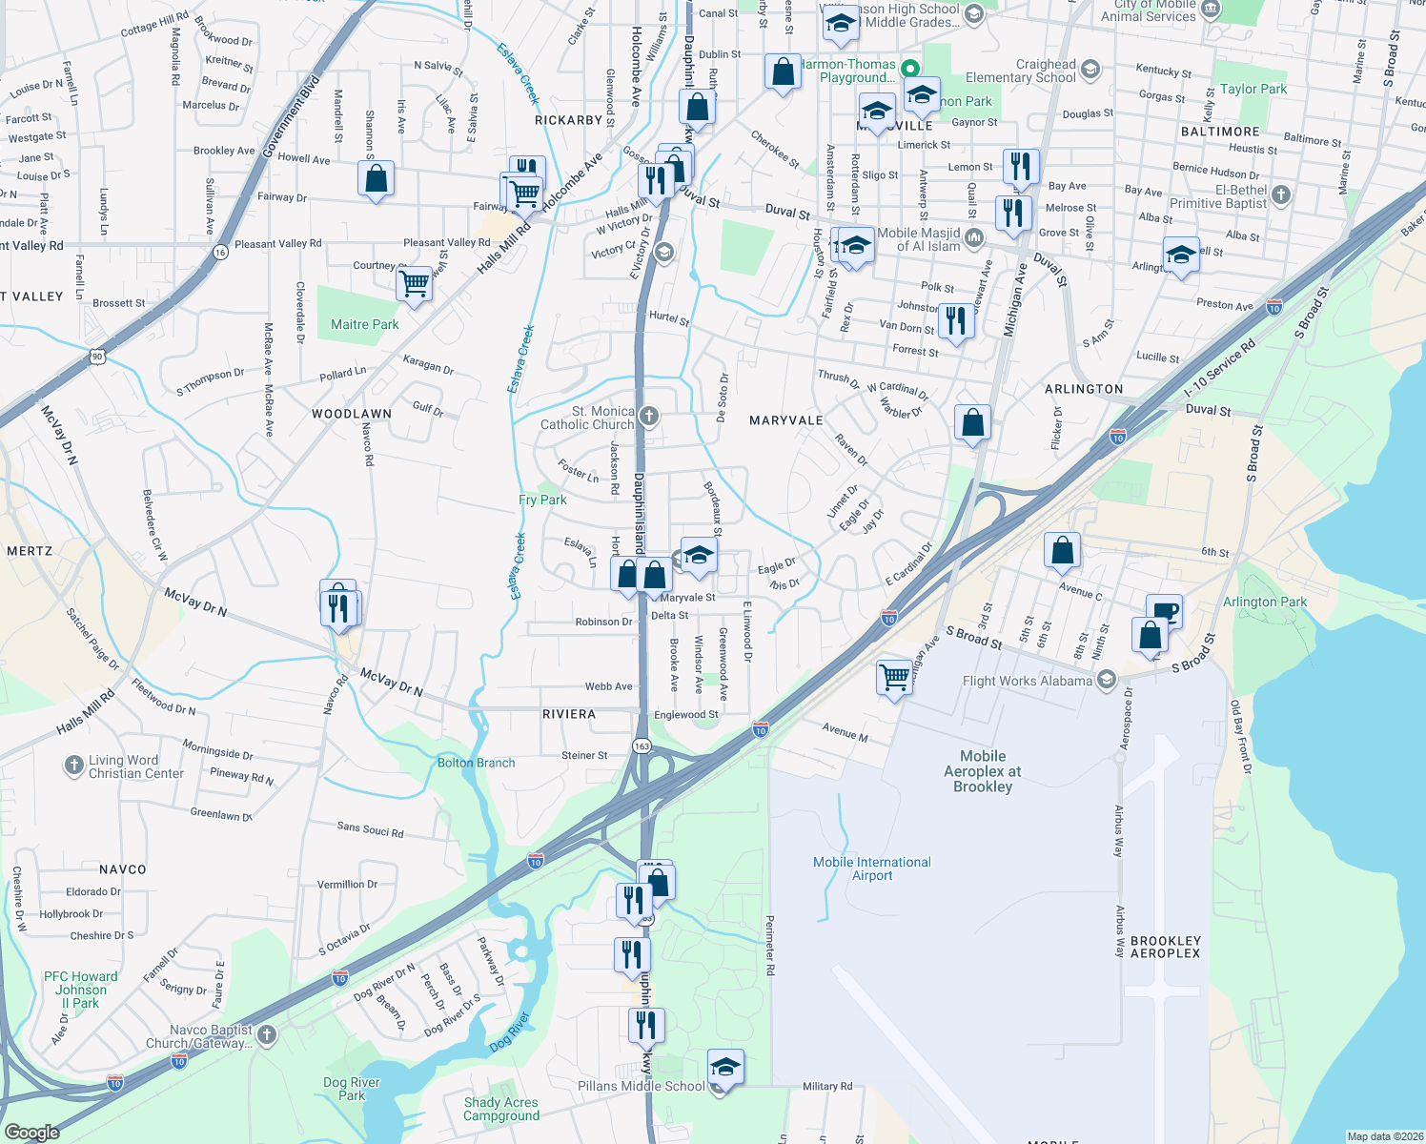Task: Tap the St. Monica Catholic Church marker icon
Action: tap(649, 416)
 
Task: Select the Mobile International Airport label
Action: tap(871, 868)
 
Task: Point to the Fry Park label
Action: tap(542, 500)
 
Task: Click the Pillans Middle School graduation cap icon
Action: tap(725, 1068)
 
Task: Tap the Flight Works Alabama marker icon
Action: tap(1107, 680)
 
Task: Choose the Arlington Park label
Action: tap(1264, 603)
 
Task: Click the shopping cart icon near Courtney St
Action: tap(415, 282)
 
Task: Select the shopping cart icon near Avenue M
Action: tap(894, 677)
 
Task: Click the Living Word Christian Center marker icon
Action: tap(74, 766)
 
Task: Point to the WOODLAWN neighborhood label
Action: tap(352, 414)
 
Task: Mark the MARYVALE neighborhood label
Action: tap(785, 420)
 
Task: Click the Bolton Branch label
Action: tap(476, 763)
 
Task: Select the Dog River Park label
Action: tap(351, 1089)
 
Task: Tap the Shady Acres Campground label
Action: tap(501, 1109)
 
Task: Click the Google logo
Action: tap(31, 1133)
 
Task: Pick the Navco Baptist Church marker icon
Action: tap(267, 1034)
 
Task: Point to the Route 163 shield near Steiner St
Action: tap(642, 746)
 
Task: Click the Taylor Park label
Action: tap(1253, 90)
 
